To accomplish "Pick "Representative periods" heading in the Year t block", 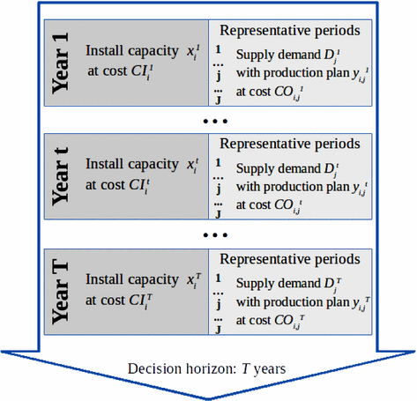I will coord(290,143).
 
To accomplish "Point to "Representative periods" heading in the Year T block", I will coord(290,261).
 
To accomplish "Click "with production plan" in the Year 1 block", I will coord(290,73).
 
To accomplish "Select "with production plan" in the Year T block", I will coord(290,302).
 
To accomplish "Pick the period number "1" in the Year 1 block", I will coord(218,50).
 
